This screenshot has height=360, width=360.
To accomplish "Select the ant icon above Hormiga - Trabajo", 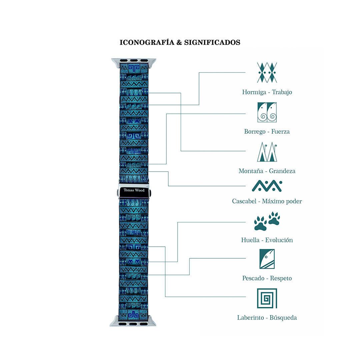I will tap(267, 73).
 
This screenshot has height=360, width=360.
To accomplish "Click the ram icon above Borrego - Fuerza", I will tap(267, 112).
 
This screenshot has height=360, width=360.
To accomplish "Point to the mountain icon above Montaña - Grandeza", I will tap(267, 152).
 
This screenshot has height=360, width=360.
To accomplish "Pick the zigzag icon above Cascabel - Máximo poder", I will tap(267, 186).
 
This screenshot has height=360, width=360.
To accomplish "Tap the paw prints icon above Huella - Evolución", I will tap(267, 221).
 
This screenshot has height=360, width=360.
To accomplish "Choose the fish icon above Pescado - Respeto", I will tap(267, 259).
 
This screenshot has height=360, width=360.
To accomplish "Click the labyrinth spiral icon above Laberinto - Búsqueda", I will tap(267, 298).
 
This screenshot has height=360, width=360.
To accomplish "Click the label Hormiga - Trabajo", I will tap(267, 92).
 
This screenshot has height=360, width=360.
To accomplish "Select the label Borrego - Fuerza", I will tap(267, 132).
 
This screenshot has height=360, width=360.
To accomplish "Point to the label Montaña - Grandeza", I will tap(267, 171).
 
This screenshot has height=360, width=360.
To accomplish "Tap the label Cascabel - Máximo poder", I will tap(267, 201).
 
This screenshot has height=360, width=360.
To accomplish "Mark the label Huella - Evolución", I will tap(267, 240).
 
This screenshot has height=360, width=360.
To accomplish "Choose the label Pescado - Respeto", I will tap(267, 278).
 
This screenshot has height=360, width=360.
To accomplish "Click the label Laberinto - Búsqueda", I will tap(267, 318).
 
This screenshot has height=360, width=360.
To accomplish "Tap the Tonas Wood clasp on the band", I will tap(134, 190).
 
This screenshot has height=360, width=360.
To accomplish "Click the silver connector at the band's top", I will tap(134, 62).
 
